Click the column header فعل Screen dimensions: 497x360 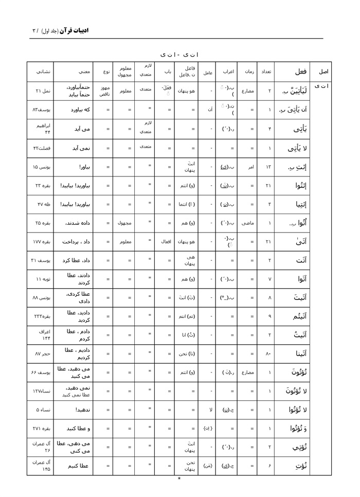[301, 72]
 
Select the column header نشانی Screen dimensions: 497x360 [40, 72]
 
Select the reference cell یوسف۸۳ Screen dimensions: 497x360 [41, 110]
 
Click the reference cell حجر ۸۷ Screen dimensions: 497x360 [40, 354]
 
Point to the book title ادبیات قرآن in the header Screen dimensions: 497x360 [75, 30]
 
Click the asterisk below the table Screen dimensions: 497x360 [179, 479]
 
